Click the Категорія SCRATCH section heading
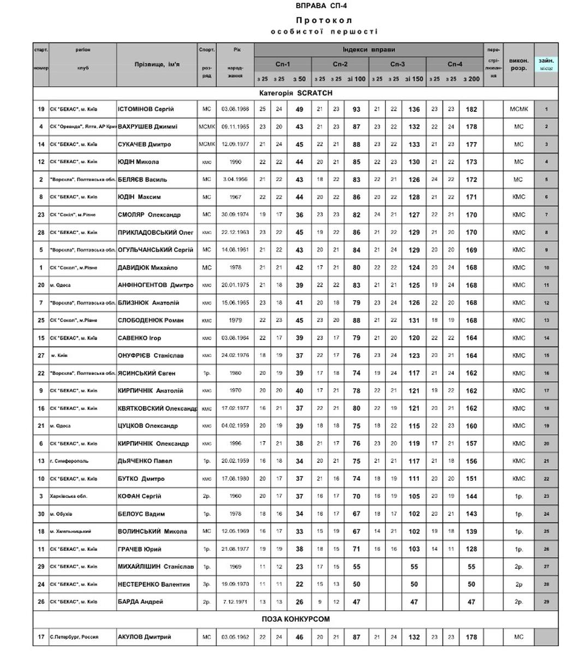pos(295,93)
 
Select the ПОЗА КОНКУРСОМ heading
pos(295,619)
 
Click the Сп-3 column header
pos(397,64)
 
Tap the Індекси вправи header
pos(368,50)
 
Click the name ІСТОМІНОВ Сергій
pos(145,109)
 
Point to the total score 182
pos(471,109)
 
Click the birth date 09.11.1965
pos(235,127)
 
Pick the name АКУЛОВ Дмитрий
pos(144,636)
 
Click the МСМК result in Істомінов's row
pos(519,109)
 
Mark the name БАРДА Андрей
pos(140,602)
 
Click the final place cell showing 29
pos(546,602)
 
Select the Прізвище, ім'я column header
pos(157,64)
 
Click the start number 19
pos(41,109)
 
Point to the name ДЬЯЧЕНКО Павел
pos(145,461)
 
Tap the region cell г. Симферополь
pos(69,461)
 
